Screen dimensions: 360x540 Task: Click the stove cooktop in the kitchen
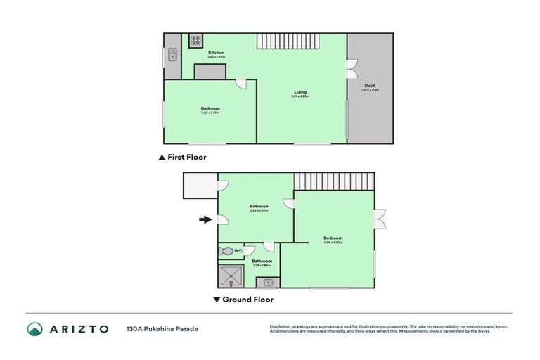coord(196,41)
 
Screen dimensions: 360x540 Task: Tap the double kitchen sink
coord(172,57)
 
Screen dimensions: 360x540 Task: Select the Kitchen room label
coord(216,53)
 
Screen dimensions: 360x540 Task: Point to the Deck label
coord(370,86)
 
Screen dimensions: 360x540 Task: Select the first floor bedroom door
coord(241,84)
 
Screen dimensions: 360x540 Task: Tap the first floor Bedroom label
coord(210,108)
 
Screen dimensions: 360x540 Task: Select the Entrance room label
coord(258,206)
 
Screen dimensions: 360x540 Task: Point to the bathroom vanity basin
coord(266,283)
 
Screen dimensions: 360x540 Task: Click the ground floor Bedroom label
coord(333,238)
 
